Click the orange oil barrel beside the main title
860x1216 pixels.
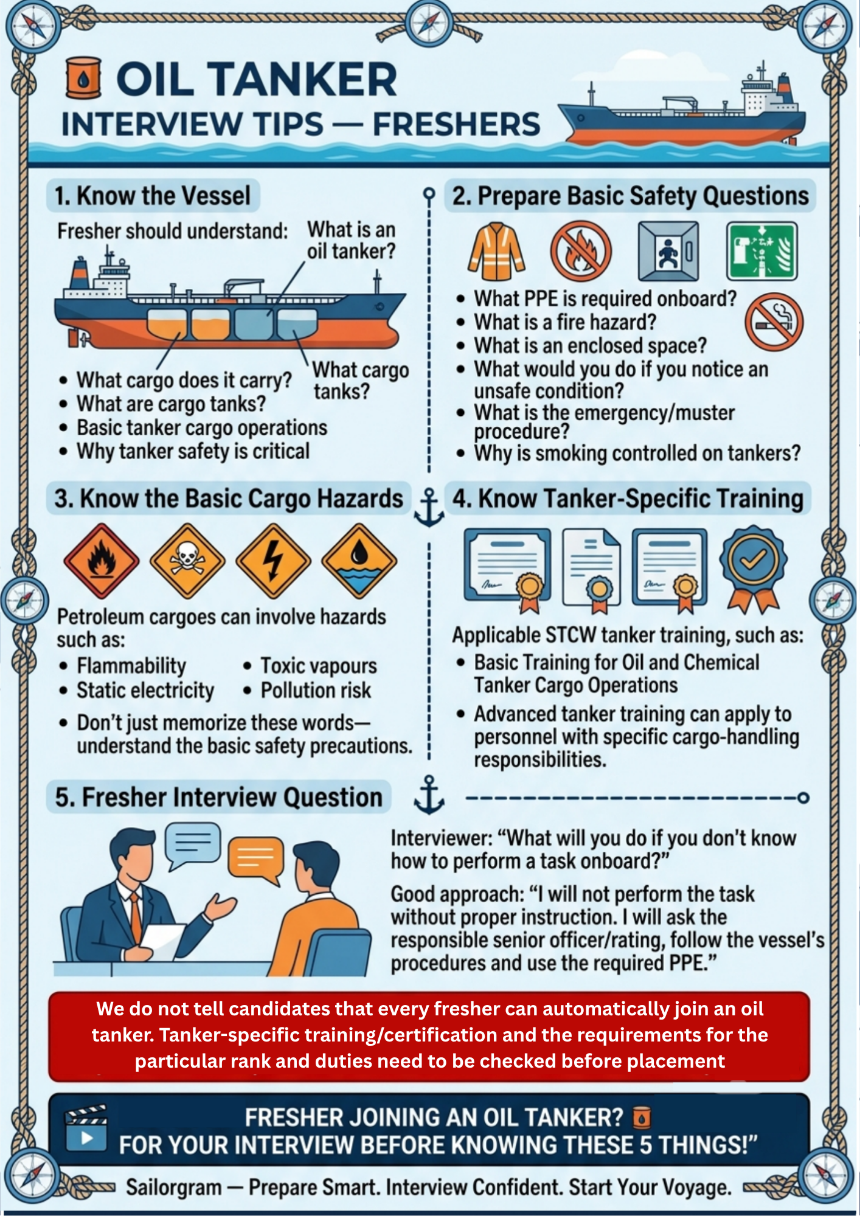pos(83,77)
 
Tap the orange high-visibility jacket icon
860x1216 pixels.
pos(496,251)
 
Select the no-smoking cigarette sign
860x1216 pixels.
pos(774,322)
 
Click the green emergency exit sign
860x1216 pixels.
pos(761,250)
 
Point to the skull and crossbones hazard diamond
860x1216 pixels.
pos(187,561)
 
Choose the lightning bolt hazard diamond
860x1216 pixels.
pos(273,561)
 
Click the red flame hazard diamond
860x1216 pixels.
pos(102,561)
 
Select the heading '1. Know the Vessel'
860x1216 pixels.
pos(153,196)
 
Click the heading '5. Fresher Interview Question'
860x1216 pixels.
pos(218,797)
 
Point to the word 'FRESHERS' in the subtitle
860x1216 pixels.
pos(456,124)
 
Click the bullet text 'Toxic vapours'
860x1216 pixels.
pos(319,666)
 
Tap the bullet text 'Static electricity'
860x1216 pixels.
pos(145,691)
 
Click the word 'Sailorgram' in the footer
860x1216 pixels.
pos(173,1187)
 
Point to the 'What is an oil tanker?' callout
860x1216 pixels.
pos(352,240)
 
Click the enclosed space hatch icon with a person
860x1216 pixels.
pos(668,250)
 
